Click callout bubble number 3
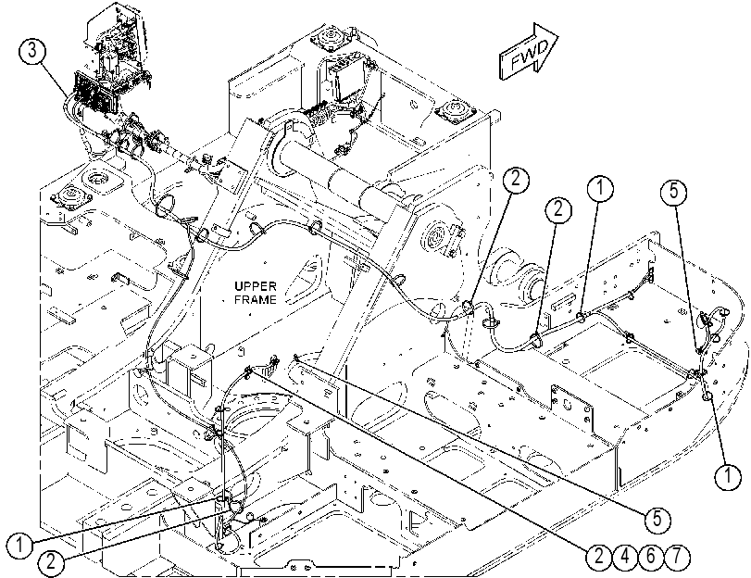(32, 51)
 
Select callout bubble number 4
(624, 557)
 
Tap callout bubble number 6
(650, 557)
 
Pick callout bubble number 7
(676, 557)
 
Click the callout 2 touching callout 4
(599, 557)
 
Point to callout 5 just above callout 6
(657, 519)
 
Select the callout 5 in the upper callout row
(673, 191)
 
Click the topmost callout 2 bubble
(516, 179)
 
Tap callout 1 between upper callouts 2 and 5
(600, 187)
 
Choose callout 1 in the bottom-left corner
(19, 546)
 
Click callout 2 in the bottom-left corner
(51, 561)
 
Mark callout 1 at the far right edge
(728, 476)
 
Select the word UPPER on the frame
(256, 286)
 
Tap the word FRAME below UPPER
(256, 300)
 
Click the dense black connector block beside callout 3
(94, 94)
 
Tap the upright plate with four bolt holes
(572, 411)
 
